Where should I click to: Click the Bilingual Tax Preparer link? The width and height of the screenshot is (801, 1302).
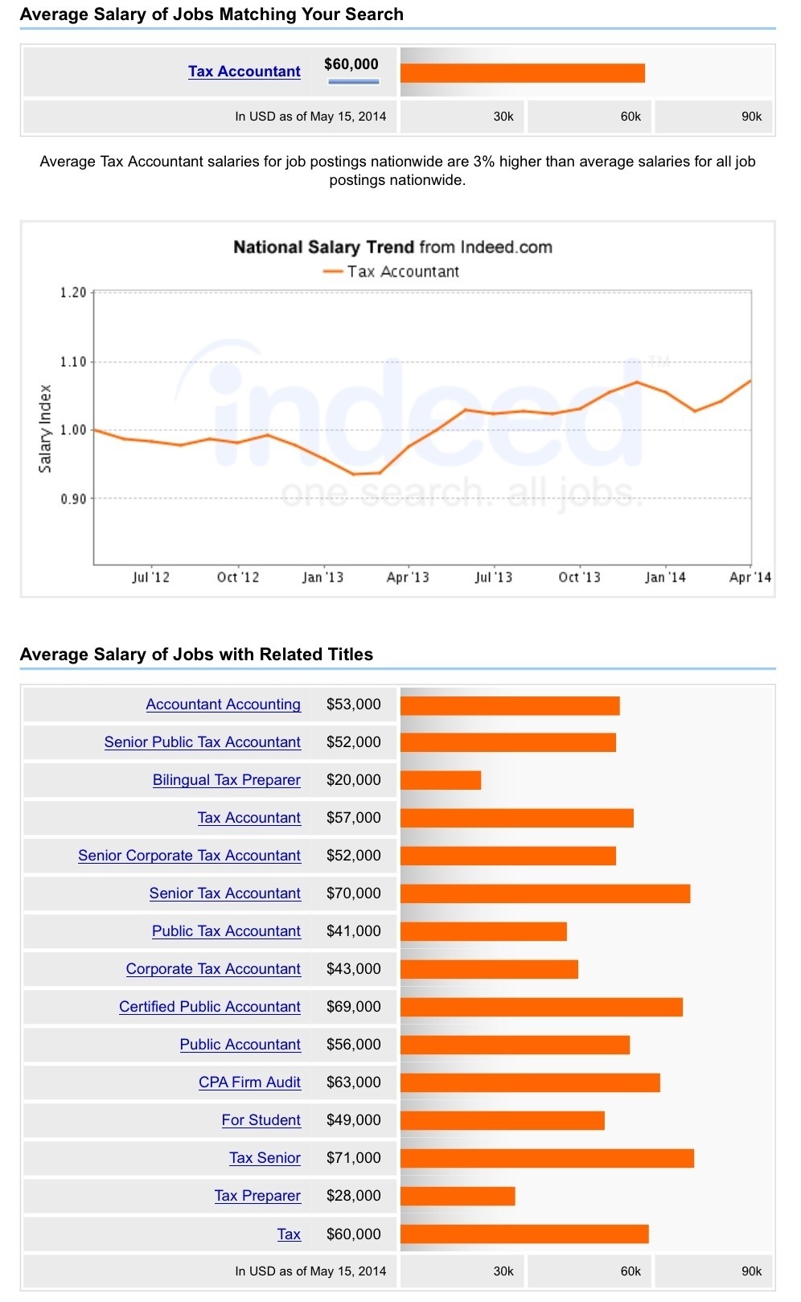click(226, 780)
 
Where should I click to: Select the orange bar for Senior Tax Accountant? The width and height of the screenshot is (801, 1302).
click(545, 893)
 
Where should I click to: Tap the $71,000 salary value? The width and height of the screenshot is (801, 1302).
click(353, 1158)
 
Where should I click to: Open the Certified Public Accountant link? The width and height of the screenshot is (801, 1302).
click(209, 1007)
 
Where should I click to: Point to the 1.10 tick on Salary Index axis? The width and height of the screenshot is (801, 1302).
click(73, 362)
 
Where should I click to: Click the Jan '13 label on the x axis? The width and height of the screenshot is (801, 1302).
click(322, 577)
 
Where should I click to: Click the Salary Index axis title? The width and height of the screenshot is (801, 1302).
click(45, 428)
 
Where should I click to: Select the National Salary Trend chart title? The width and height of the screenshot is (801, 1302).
click(392, 247)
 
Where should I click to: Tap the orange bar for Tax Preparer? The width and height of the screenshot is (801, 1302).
click(458, 1196)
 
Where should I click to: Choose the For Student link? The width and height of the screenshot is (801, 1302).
click(261, 1120)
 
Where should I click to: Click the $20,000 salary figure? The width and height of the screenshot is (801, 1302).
click(353, 780)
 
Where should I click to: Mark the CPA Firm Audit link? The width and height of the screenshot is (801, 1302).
click(249, 1082)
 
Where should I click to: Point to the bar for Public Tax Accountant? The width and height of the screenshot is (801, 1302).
click(483, 931)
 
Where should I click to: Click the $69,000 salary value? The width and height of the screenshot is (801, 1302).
click(353, 1007)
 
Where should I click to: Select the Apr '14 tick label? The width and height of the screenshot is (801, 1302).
click(750, 577)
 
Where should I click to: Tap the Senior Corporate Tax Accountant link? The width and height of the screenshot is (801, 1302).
click(189, 856)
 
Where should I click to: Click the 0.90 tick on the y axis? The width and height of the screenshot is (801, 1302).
click(73, 499)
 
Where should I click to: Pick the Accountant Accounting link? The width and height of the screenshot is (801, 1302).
click(223, 704)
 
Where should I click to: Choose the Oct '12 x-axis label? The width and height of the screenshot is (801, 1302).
click(238, 577)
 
